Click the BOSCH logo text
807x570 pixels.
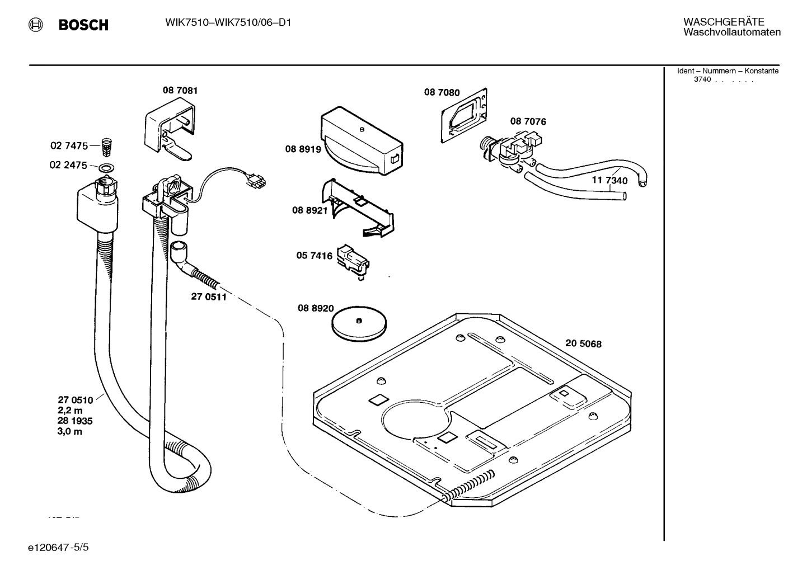point(83,25)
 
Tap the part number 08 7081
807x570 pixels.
point(180,91)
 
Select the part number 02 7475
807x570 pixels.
point(69,146)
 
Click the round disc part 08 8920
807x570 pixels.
point(358,323)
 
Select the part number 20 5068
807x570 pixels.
point(583,343)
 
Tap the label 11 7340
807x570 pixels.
point(609,181)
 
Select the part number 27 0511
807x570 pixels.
point(209,297)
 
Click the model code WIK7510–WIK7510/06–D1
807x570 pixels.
point(228,22)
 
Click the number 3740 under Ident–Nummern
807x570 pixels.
point(702,79)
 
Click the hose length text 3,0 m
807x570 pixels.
point(70,431)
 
